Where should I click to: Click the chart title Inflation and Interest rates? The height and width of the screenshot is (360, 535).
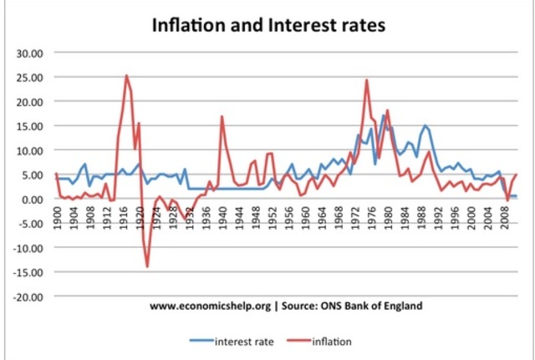tap(267, 25)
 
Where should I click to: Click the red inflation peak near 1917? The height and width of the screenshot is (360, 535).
tap(126, 76)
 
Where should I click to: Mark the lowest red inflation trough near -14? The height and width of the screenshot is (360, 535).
tap(147, 266)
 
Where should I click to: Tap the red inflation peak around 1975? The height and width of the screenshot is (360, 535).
tap(367, 80)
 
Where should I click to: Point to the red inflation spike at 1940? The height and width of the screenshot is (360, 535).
tap(222, 116)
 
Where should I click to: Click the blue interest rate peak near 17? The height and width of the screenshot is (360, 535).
tap(383, 115)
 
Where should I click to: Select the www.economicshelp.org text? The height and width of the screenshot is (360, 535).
tap(210, 307)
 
